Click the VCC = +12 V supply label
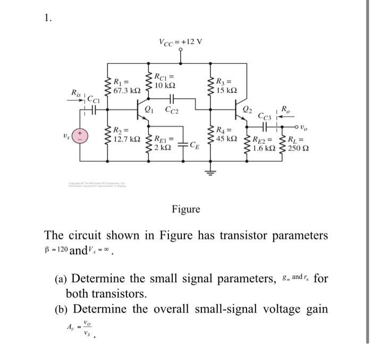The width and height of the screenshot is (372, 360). (181, 42)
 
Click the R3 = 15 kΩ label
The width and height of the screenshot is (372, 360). (227, 86)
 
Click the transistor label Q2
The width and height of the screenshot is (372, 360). (247, 110)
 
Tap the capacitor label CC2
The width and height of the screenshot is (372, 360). (172, 111)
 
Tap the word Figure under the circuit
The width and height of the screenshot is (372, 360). (186, 209)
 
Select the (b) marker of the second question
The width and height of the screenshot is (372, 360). (62, 309)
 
